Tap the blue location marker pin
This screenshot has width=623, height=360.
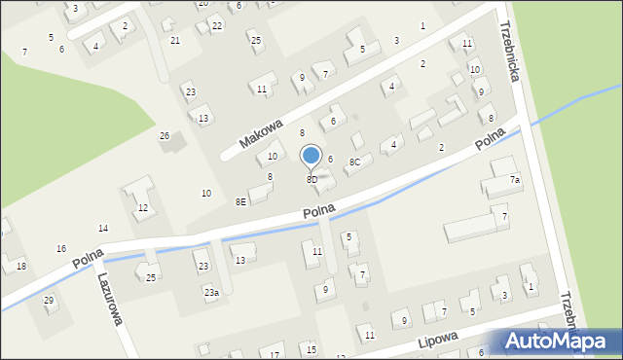point(311,156)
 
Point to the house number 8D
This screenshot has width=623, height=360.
point(311,180)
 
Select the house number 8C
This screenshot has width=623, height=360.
point(355,162)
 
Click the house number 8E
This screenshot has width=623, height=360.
point(240,201)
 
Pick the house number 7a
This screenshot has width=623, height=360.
point(515,180)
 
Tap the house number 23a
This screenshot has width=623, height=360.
point(210,292)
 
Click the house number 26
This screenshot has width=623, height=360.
point(165,135)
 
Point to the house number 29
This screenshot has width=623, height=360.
point(49,300)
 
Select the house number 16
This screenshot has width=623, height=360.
point(61,249)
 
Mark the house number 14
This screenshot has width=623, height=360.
point(103,228)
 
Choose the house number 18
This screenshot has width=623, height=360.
point(21,267)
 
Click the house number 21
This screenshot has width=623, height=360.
point(175,40)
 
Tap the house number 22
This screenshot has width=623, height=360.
point(216,26)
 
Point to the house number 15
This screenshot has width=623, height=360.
point(311,348)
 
